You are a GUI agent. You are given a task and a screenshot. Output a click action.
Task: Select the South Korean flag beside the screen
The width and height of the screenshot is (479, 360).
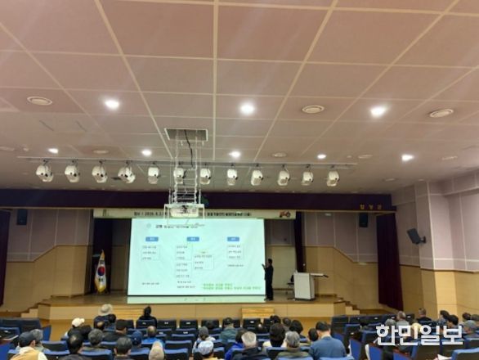(101, 273)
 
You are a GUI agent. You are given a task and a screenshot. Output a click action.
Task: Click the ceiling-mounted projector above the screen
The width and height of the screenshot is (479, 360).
(184, 210)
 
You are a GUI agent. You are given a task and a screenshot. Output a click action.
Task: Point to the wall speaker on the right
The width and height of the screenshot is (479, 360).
(415, 236)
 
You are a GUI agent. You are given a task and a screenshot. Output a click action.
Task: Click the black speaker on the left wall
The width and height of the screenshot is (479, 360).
(21, 217)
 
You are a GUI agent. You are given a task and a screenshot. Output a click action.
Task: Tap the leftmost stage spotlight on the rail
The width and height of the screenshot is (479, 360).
(44, 172)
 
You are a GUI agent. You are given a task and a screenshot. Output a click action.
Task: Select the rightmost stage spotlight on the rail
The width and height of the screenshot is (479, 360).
(333, 177)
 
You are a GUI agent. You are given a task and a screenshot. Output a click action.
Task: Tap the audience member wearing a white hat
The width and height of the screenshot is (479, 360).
(105, 309)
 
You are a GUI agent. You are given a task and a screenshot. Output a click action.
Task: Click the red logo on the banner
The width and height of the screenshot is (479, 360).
(284, 214)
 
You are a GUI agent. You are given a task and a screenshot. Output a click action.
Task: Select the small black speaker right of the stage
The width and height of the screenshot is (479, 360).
(363, 219)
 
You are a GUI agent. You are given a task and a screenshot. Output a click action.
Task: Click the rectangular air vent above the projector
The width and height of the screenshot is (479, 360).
(186, 134)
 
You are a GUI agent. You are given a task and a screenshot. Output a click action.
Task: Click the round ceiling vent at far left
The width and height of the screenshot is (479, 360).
(39, 101)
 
